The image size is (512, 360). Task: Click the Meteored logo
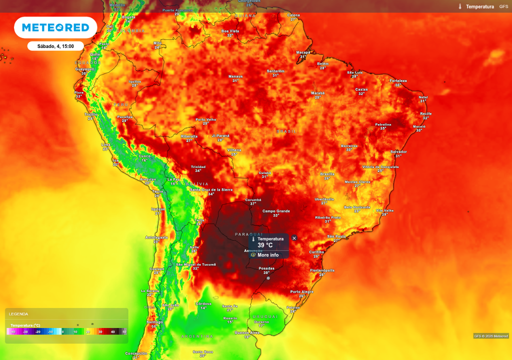tap(55, 27)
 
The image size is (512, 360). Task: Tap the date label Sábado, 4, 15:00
tap(55, 46)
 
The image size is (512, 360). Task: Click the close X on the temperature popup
tap(294, 238)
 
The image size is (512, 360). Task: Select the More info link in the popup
tap(268, 255)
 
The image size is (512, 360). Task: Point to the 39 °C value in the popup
tap(265, 245)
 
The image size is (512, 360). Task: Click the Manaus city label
tap(235, 76)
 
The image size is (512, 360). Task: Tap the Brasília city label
tap(327, 174)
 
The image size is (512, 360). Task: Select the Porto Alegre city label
tap(302, 291)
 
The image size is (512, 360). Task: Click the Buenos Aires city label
tap(247, 332)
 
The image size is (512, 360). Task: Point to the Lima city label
tap(106, 144)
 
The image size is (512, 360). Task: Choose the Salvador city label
tap(398, 151)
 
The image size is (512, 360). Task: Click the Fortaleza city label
tap(398, 80)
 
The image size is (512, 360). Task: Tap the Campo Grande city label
tap(276, 211)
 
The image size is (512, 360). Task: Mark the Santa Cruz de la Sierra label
tap(211, 189)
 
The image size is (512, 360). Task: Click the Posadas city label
tap(266, 268)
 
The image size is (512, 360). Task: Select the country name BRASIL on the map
tap(286, 131)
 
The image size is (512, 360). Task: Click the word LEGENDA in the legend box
tap(18, 314)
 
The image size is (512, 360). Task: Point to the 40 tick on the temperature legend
tap(112, 331)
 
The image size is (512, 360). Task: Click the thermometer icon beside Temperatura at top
tap(460, 6)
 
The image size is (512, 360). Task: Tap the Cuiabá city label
tap(265, 172)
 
